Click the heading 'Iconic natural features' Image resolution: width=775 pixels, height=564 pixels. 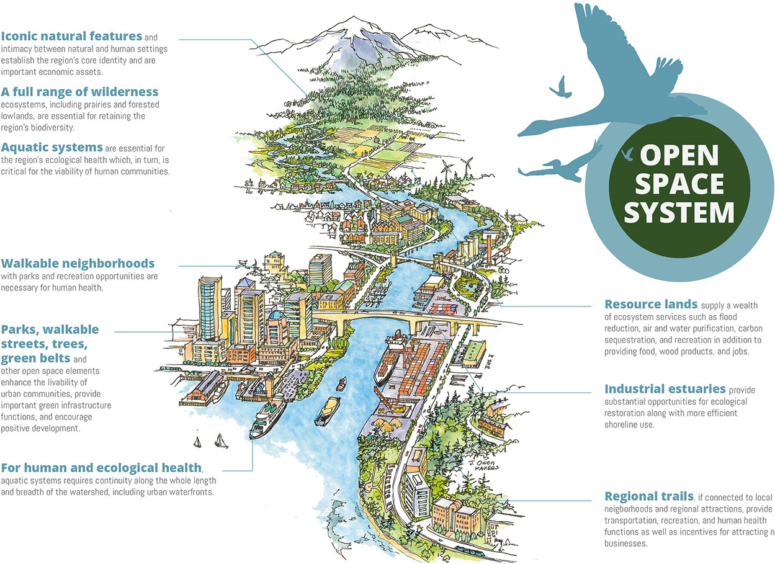(x=71, y=36)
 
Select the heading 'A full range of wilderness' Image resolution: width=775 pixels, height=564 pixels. (x=79, y=92)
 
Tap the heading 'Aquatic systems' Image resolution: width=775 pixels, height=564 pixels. (x=52, y=147)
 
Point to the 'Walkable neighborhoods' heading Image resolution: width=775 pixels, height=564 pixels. (x=78, y=264)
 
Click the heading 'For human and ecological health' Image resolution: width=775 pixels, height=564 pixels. (x=102, y=467)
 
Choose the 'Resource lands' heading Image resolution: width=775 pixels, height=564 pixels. (x=650, y=305)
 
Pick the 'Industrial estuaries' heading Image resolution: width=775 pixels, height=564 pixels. (x=665, y=389)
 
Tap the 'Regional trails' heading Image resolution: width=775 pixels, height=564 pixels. (x=648, y=496)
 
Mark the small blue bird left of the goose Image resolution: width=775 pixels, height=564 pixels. (x=562, y=87)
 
